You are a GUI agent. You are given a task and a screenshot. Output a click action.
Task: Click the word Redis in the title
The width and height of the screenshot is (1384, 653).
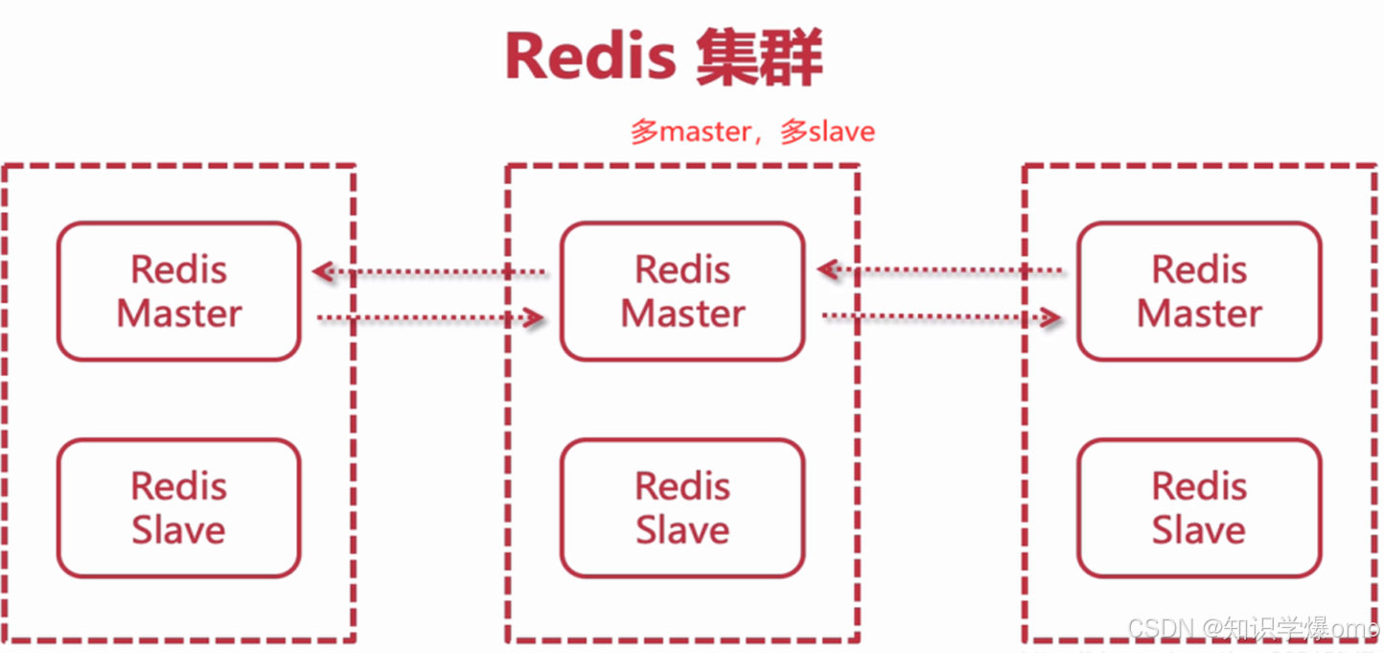coord(589,58)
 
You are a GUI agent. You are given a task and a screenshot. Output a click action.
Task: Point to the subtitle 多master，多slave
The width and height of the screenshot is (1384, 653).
coord(752,131)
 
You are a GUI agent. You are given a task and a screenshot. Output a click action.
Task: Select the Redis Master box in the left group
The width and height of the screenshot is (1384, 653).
coord(179,292)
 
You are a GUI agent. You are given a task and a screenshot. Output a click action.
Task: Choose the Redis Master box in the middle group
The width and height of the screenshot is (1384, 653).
coord(682,292)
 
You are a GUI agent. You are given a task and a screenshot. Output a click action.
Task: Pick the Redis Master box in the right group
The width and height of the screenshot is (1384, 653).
coord(1199,292)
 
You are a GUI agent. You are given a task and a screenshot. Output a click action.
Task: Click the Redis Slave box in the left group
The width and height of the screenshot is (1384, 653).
coord(179,508)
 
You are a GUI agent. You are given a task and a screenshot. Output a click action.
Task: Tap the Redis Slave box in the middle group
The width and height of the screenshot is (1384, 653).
coord(682,508)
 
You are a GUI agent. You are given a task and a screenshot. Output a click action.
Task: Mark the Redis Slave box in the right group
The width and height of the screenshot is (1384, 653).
coord(1199,508)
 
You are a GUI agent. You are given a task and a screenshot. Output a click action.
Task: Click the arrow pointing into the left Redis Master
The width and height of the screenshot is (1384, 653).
coord(430,272)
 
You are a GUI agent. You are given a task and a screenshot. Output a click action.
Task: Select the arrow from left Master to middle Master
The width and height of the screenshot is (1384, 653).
coord(430,317)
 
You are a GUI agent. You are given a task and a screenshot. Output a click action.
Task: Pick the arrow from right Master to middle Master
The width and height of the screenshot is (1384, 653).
coord(939,270)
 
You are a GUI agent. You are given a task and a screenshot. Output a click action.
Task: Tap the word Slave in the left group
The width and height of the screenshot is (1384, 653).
coord(179,530)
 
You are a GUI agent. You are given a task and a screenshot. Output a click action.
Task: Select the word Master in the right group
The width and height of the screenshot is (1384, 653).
coord(1199,315)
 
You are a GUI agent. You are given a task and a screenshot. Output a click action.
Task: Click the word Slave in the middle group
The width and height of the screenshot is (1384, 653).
coord(682,530)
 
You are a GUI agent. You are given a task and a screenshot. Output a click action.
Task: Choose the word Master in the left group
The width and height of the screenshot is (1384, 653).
coord(179,315)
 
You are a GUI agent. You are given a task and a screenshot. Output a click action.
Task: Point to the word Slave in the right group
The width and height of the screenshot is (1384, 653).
coord(1199,530)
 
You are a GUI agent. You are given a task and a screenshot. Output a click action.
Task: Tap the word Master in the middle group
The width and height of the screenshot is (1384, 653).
coord(682,315)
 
